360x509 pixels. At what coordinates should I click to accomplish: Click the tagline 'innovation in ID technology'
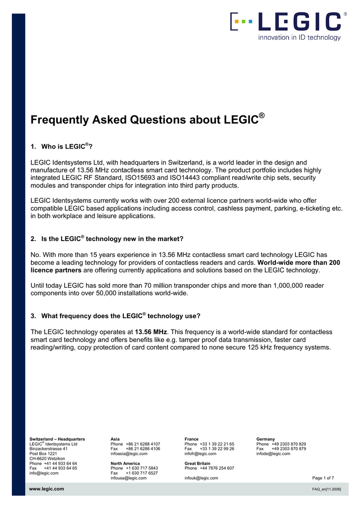(299, 37)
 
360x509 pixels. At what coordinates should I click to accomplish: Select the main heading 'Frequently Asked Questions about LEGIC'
(147, 120)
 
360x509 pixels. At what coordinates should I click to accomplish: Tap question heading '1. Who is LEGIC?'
(62, 147)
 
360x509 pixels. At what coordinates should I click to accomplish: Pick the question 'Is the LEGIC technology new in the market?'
(107, 239)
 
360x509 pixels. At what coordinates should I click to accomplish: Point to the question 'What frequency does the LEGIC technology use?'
(116, 316)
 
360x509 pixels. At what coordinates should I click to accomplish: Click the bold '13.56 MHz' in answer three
(151, 332)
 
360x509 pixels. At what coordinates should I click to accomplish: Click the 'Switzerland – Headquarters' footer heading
(57, 439)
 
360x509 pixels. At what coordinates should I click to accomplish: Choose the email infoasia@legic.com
(129, 453)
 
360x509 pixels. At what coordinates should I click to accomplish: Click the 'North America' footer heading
(125, 463)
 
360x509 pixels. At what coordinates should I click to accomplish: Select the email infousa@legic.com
(128, 478)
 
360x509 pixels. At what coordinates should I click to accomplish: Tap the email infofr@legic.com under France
(200, 453)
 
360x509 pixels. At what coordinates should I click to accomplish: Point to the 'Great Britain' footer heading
(197, 463)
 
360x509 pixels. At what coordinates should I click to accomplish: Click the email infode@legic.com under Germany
(273, 453)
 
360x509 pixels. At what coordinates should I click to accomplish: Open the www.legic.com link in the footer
(47, 489)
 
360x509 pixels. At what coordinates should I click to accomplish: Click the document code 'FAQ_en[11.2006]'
(326, 490)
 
